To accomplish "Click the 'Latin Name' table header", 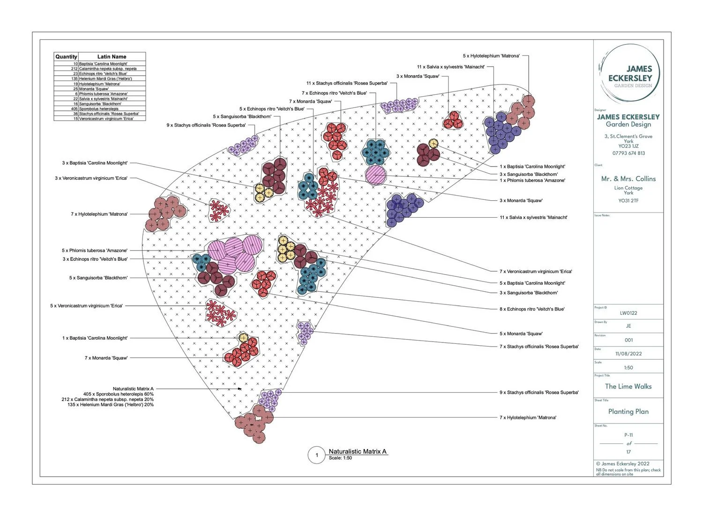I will point(112,56).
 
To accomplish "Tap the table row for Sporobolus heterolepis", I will point(98,109).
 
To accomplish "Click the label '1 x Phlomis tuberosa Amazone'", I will point(532,181).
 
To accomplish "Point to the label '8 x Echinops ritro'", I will point(532,309).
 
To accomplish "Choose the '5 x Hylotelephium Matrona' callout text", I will point(491,56).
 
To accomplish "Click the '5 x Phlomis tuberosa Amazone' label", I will point(95,250).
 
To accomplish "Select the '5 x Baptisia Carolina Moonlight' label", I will point(532,283).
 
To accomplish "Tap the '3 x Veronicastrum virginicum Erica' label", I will point(91,178).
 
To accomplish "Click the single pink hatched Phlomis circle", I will point(376,175).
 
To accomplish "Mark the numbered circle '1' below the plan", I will point(317,455).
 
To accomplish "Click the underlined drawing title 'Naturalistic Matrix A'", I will point(358,451).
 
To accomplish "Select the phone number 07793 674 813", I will point(628,153).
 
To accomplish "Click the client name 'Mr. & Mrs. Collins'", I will point(628,179).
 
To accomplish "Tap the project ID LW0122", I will point(628,313).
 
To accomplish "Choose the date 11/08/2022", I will point(628,354).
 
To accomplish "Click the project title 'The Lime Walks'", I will point(628,387).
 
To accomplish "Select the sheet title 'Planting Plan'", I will point(628,411).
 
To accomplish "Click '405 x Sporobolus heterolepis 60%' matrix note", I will point(118,394).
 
